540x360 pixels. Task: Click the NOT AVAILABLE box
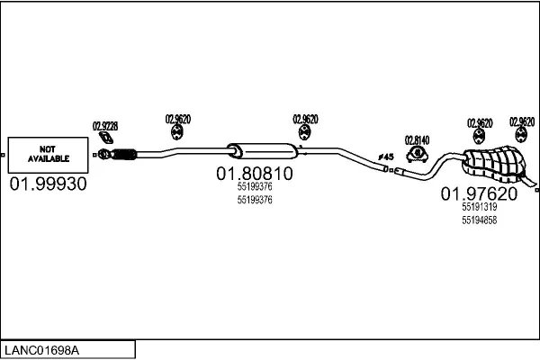coord(49,156)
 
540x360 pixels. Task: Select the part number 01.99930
coord(49,184)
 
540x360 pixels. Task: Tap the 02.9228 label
coord(105,126)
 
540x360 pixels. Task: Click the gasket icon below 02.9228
coord(105,139)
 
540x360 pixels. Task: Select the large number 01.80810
coord(254,173)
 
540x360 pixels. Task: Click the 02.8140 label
coord(417,139)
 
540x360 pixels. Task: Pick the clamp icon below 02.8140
coord(417,154)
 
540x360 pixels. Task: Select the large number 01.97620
coord(478,193)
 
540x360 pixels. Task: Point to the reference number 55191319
coord(479,207)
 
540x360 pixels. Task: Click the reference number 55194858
coord(479,220)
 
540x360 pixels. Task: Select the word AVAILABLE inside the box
coord(49,159)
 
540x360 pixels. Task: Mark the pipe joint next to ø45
coord(389,167)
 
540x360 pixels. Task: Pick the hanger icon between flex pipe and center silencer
coord(177,133)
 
